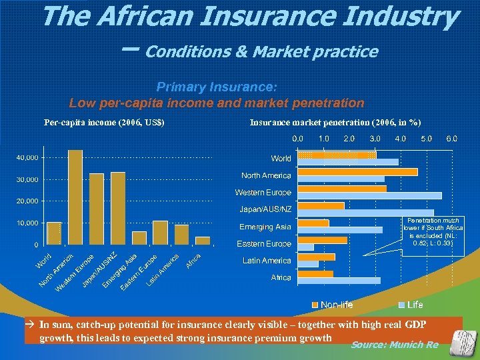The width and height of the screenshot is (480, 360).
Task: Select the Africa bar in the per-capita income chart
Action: click(203, 241)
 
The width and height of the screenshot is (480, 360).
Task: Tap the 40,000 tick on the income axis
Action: click(27, 158)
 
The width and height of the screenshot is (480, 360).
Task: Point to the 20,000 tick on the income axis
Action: click(27, 201)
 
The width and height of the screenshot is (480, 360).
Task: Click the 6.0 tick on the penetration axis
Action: click(452, 139)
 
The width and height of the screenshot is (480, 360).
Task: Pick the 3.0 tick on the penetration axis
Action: click(375, 139)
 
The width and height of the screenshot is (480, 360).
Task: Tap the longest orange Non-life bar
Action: click(357, 172)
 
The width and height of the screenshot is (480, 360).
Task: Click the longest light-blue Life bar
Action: click(369, 195)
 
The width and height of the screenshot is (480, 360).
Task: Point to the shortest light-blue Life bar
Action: click(305, 247)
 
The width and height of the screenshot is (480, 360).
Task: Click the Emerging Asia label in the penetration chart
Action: click(265, 227)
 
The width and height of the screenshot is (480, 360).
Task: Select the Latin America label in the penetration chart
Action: click(267, 261)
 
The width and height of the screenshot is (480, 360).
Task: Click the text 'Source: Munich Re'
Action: click(395, 345)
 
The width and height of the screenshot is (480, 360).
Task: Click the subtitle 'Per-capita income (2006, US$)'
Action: click(104, 122)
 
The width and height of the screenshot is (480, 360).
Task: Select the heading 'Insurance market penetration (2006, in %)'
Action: click(335, 122)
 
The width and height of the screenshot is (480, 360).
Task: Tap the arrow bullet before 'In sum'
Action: click(31, 325)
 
